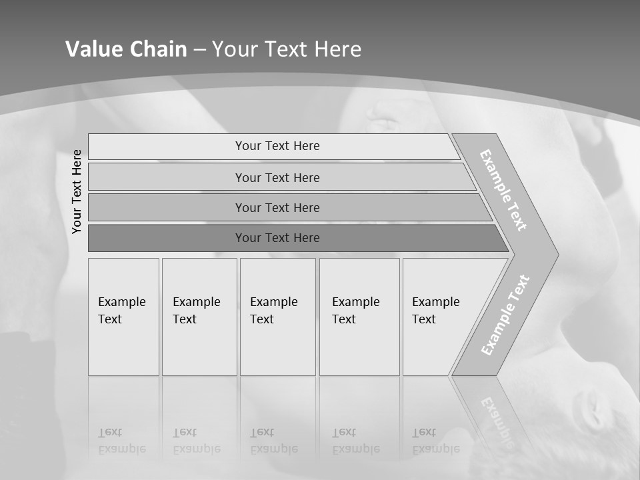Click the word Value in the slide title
pyautogui.click(x=93, y=49)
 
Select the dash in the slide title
pyautogui.click(x=200, y=50)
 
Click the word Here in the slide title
pyautogui.click(x=337, y=49)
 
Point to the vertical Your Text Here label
pyautogui.click(x=77, y=192)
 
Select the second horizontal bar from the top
pyautogui.click(x=277, y=177)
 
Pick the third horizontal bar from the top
pyautogui.click(x=277, y=207)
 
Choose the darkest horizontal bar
pyautogui.click(x=277, y=238)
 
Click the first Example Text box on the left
pyautogui.click(x=123, y=317)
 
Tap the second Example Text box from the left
pyautogui.click(x=199, y=317)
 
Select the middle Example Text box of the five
pyautogui.click(x=277, y=317)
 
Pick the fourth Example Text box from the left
pyautogui.click(x=359, y=317)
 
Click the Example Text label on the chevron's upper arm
pyautogui.click(x=503, y=190)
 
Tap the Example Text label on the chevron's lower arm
pyautogui.click(x=505, y=315)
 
